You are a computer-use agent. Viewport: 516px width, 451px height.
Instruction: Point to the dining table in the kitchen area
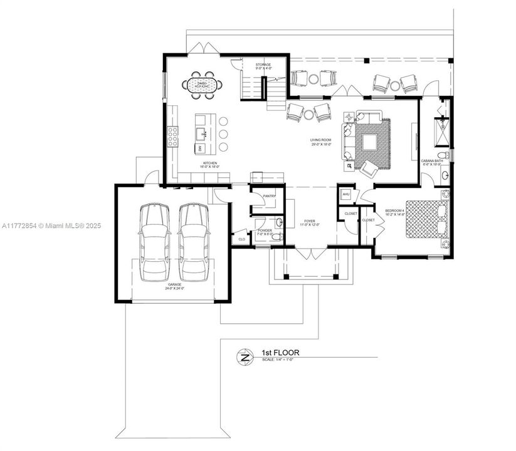click(x=202, y=85)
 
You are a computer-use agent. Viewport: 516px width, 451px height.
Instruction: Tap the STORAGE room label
click(x=263, y=66)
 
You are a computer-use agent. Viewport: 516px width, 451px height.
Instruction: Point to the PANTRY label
click(x=270, y=196)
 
